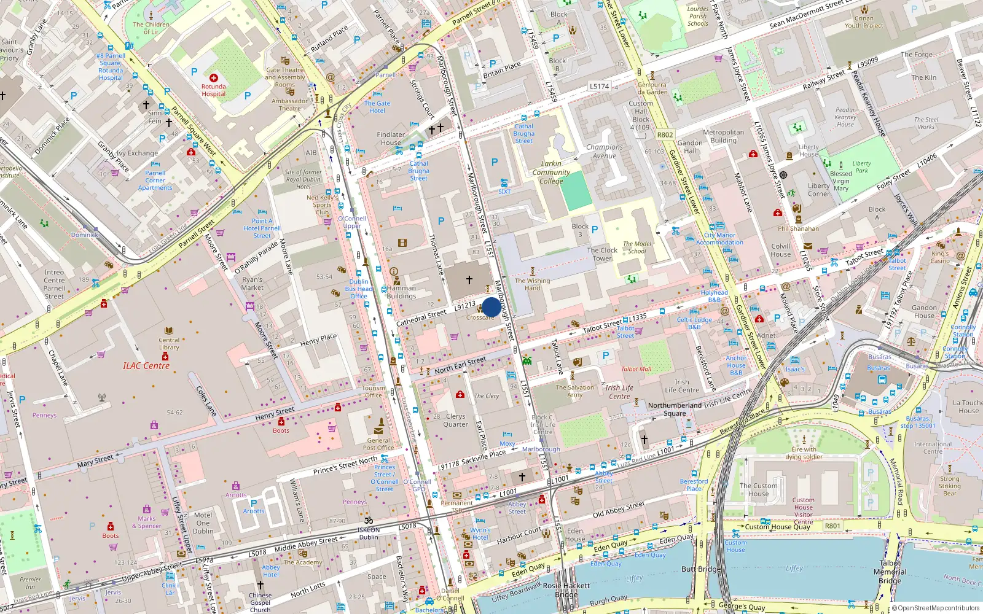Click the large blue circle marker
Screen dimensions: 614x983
(x=491, y=307)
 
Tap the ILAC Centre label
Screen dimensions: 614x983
(x=146, y=366)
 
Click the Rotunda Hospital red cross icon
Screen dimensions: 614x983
(x=214, y=78)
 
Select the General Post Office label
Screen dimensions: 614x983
(x=378, y=444)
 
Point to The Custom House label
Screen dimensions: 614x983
(x=758, y=489)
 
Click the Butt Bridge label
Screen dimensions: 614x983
(x=700, y=569)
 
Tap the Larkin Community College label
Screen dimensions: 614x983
(x=551, y=173)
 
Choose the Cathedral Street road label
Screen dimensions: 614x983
(x=421, y=317)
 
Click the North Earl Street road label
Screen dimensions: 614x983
(x=460, y=365)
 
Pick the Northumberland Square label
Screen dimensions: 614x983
(x=675, y=409)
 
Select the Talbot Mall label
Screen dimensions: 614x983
(x=636, y=369)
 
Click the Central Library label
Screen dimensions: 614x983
(x=169, y=343)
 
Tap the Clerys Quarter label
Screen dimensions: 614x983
(x=455, y=420)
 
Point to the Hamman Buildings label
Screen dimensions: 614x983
(x=401, y=292)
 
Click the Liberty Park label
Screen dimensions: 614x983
(x=861, y=167)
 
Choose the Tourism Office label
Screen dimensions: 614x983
(x=373, y=392)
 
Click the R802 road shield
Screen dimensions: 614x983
(x=665, y=134)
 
